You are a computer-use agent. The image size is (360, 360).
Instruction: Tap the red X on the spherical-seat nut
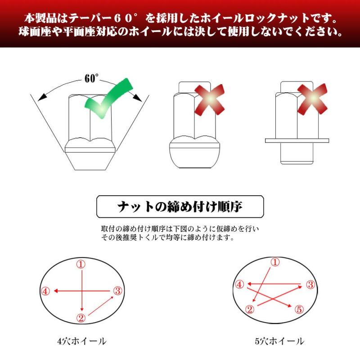209,99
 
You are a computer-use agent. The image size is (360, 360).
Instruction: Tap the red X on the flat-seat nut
312,99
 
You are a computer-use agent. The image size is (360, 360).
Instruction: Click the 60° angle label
91,78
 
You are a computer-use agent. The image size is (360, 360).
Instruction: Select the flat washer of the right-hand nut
297,140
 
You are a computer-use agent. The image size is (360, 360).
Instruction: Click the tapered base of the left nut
90,161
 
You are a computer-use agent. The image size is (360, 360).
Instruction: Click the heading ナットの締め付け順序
180,207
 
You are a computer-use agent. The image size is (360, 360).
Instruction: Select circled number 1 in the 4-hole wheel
81,265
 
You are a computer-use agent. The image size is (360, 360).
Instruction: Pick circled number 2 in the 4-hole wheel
81,318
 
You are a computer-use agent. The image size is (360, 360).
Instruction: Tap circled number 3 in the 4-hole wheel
117,291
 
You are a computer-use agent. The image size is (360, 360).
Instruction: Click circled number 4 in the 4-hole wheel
45,291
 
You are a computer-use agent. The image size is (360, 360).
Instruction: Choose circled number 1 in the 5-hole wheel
275,262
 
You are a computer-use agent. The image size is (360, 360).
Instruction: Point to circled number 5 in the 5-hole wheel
299,309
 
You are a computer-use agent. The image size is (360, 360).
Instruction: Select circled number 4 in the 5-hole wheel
239,284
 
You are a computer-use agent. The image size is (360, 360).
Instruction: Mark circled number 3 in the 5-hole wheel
310,285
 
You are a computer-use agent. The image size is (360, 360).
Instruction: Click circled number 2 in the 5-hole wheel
250,309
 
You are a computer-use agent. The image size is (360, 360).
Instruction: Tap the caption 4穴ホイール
82,341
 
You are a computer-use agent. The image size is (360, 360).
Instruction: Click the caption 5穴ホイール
279,341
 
